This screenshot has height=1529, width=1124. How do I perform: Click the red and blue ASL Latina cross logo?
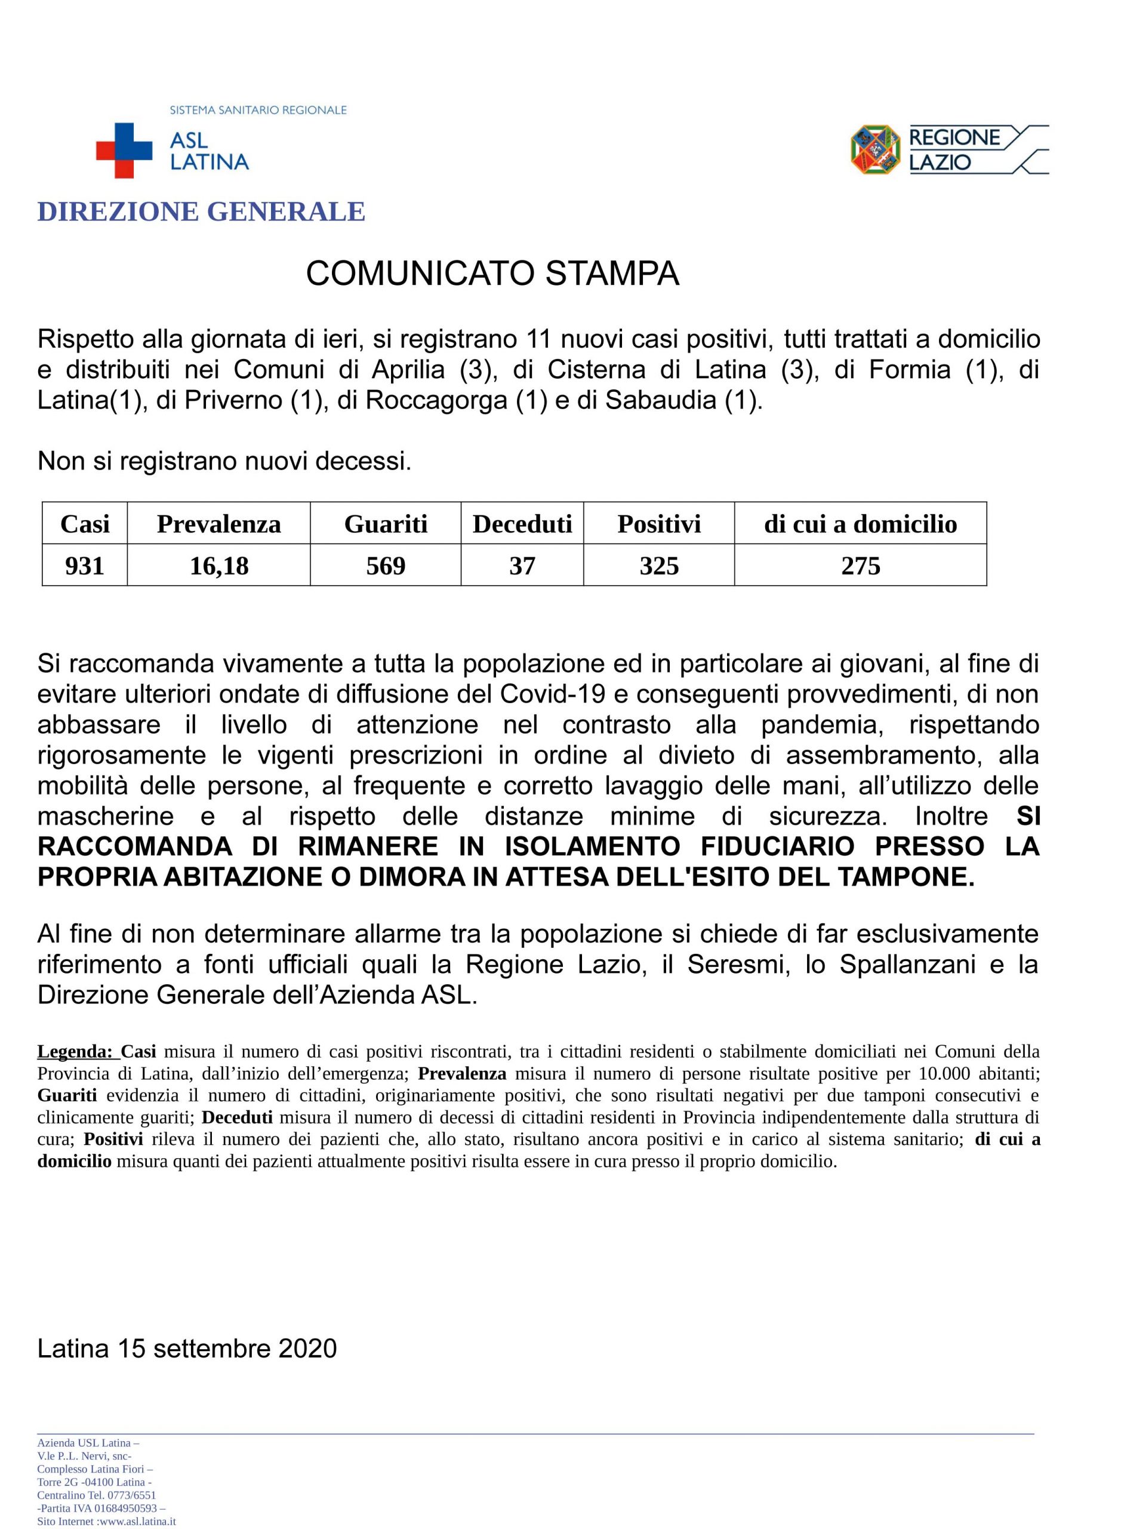124,151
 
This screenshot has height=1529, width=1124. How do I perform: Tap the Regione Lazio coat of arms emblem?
875,149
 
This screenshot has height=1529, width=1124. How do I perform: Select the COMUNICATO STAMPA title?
492,274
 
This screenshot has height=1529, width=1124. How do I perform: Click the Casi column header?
84,524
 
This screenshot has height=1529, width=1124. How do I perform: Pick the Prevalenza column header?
218,524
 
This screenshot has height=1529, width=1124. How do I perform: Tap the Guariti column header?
385,524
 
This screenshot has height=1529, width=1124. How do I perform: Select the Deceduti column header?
522,524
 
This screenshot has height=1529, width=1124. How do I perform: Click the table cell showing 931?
84,565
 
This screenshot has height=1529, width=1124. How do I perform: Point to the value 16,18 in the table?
218,565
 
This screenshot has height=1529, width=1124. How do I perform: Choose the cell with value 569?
385,565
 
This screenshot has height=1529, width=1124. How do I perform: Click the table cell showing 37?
522,565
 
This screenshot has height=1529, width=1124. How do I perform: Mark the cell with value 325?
658,565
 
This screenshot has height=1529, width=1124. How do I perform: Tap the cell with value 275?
860,565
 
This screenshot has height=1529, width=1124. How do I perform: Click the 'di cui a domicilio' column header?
860,524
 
